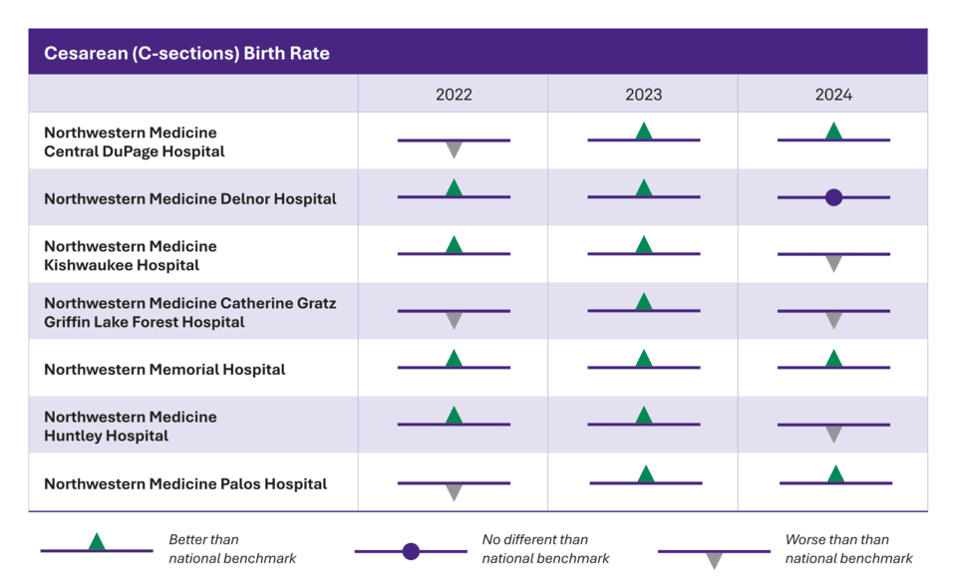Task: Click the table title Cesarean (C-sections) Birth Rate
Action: point(186,53)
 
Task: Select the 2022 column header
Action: point(454,95)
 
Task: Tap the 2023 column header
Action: point(643,95)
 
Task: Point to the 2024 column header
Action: point(833,95)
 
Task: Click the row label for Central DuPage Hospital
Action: point(135,142)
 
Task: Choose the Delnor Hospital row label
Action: point(189,199)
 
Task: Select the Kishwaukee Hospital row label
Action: point(130,256)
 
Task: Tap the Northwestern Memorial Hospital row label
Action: point(164,370)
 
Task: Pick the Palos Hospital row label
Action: point(185,484)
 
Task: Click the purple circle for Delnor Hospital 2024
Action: point(833,197)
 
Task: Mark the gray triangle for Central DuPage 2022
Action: point(454,149)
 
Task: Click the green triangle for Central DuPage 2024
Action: point(833,131)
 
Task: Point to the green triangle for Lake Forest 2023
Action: point(644,301)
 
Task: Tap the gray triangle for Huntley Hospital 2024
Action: point(833,434)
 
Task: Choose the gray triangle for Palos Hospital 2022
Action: point(454,492)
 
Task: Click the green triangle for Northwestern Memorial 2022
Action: point(454,358)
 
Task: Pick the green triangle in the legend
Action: point(97,541)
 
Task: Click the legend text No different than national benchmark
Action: point(545,549)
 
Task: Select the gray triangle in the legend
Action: point(714,561)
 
